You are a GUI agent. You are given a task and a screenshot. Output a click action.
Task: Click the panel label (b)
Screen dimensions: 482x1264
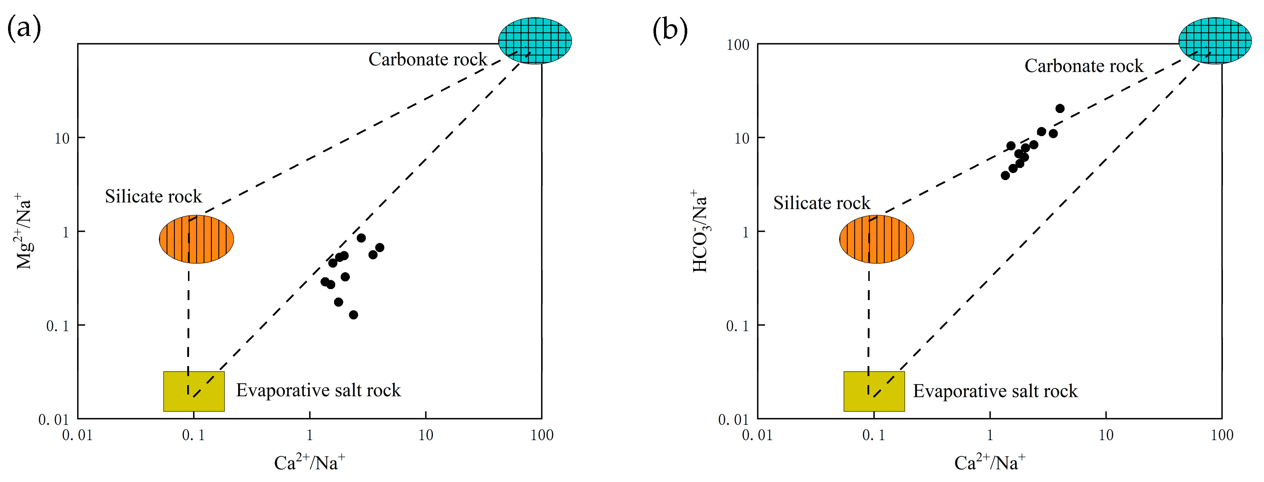[670, 29]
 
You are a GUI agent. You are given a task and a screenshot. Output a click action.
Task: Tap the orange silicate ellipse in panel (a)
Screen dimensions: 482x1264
[196, 239]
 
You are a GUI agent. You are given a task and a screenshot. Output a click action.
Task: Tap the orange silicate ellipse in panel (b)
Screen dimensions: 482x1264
[876, 239]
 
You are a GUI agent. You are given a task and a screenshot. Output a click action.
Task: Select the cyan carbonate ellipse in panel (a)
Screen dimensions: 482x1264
[535, 40]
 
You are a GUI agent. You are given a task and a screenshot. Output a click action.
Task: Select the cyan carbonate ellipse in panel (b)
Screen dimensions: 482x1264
[1215, 40]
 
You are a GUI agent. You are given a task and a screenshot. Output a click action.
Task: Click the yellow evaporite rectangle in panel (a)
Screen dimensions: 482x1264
[194, 391]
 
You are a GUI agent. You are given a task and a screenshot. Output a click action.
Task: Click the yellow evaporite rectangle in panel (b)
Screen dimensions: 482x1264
[874, 391]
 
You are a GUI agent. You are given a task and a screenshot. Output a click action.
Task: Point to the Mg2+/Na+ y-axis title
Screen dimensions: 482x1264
[23, 231]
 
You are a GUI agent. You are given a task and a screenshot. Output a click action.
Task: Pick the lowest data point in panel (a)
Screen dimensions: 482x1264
[353, 315]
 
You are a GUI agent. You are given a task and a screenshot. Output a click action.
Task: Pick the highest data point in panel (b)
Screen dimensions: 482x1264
[1060, 108]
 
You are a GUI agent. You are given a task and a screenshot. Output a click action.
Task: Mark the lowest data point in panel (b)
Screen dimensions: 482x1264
[1005, 176]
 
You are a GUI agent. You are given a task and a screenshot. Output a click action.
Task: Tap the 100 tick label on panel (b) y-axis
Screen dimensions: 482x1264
[738, 45]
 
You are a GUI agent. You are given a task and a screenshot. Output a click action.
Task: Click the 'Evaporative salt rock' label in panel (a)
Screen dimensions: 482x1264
[318, 390]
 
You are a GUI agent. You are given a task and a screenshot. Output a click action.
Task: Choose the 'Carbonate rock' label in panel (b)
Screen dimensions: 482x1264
[1083, 66]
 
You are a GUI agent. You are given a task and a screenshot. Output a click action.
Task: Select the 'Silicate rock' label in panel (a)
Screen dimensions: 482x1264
[153, 196]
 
